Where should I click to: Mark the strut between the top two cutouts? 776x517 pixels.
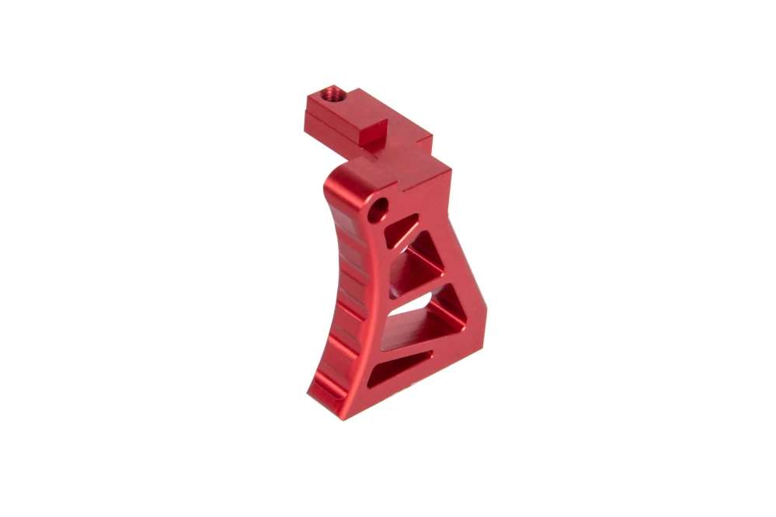click(410, 242)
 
